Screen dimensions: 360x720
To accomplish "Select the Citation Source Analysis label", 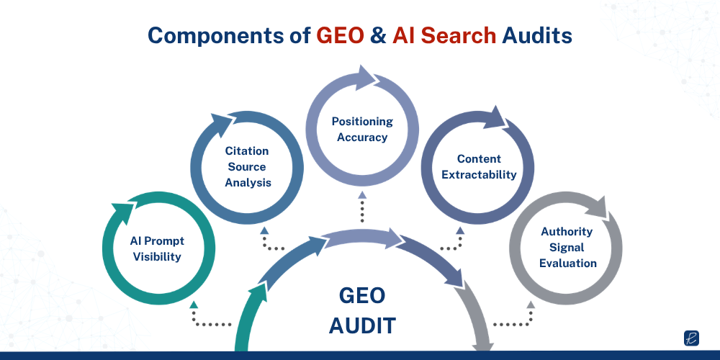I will (x=248, y=166).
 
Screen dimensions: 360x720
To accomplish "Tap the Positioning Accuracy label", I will (x=362, y=129).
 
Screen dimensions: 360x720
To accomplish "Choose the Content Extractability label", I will (x=479, y=166).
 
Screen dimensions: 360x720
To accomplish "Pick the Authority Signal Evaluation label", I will (x=567, y=247).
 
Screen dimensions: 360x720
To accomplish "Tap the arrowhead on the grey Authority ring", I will (x=597, y=210).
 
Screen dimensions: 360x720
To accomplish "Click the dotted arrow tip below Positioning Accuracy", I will (x=362, y=194).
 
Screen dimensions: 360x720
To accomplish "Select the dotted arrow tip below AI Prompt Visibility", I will (x=194, y=305).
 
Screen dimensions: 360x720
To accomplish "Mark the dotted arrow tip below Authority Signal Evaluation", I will (x=531, y=305).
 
